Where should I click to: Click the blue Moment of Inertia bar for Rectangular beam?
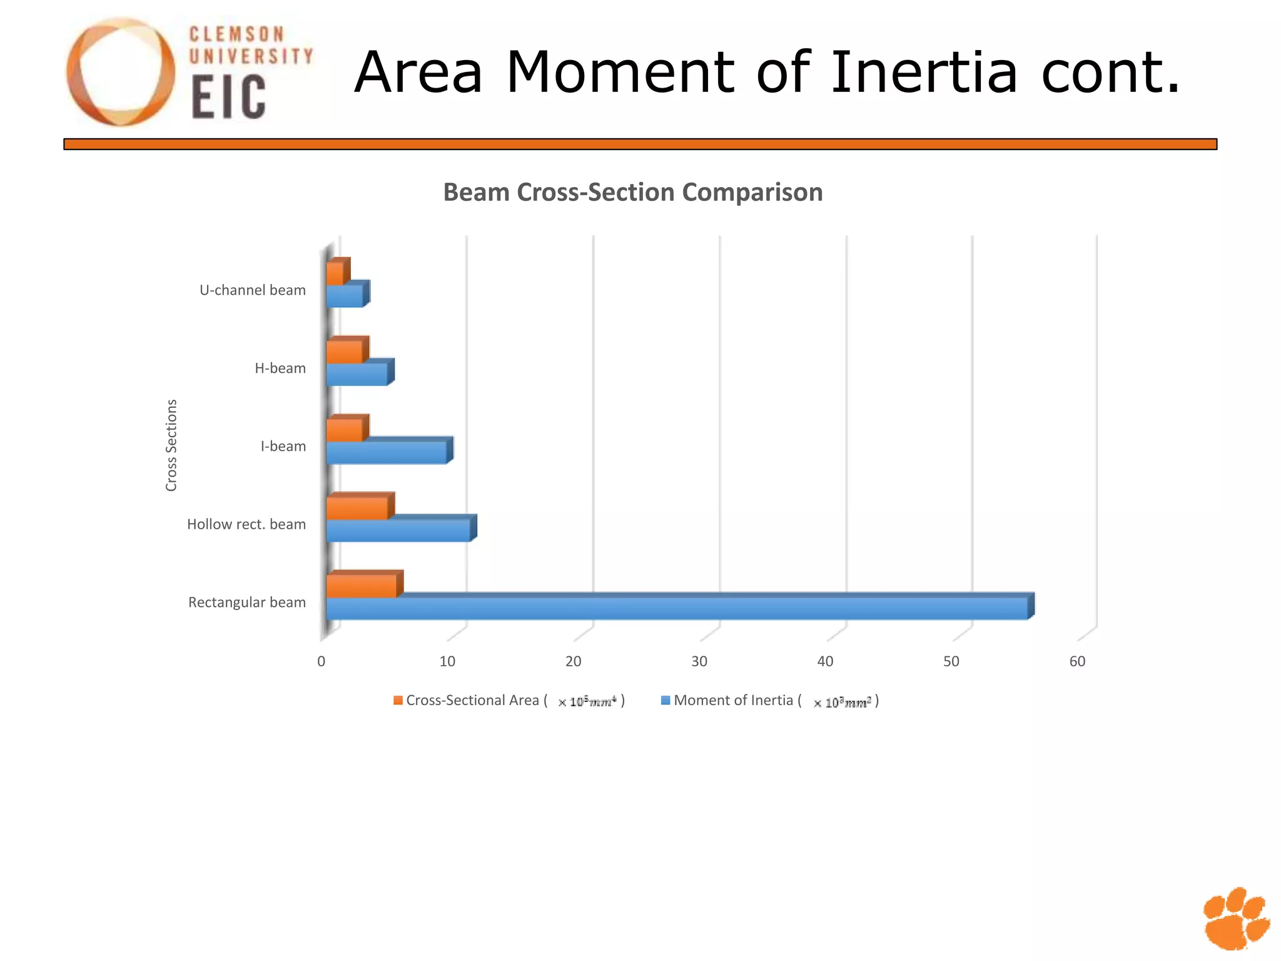(x=676, y=608)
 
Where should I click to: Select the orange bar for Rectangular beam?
(x=362, y=586)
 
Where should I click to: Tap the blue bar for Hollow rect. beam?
(x=398, y=531)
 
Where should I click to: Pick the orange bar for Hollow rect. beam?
(x=357, y=508)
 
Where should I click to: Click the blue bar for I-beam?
(x=386, y=452)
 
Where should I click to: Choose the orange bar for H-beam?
(x=345, y=352)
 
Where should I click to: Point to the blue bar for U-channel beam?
(x=345, y=296)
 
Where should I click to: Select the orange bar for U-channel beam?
(x=335, y=273)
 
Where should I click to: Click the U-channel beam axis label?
(x=253, y=290)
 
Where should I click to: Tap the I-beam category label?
(x=283, y=447)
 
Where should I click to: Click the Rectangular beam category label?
(x=247, y=603)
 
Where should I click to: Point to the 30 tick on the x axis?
(x=699, y=661)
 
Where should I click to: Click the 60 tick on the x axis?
(x=1077, y=661)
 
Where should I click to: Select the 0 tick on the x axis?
(x=322, y=661)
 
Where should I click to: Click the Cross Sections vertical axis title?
(x=171, y=445)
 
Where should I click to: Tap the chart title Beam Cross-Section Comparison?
(x=632, y=192)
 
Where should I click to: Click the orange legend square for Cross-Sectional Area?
(x=398, y=700)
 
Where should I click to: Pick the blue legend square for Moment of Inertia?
(x=666, y=700)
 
